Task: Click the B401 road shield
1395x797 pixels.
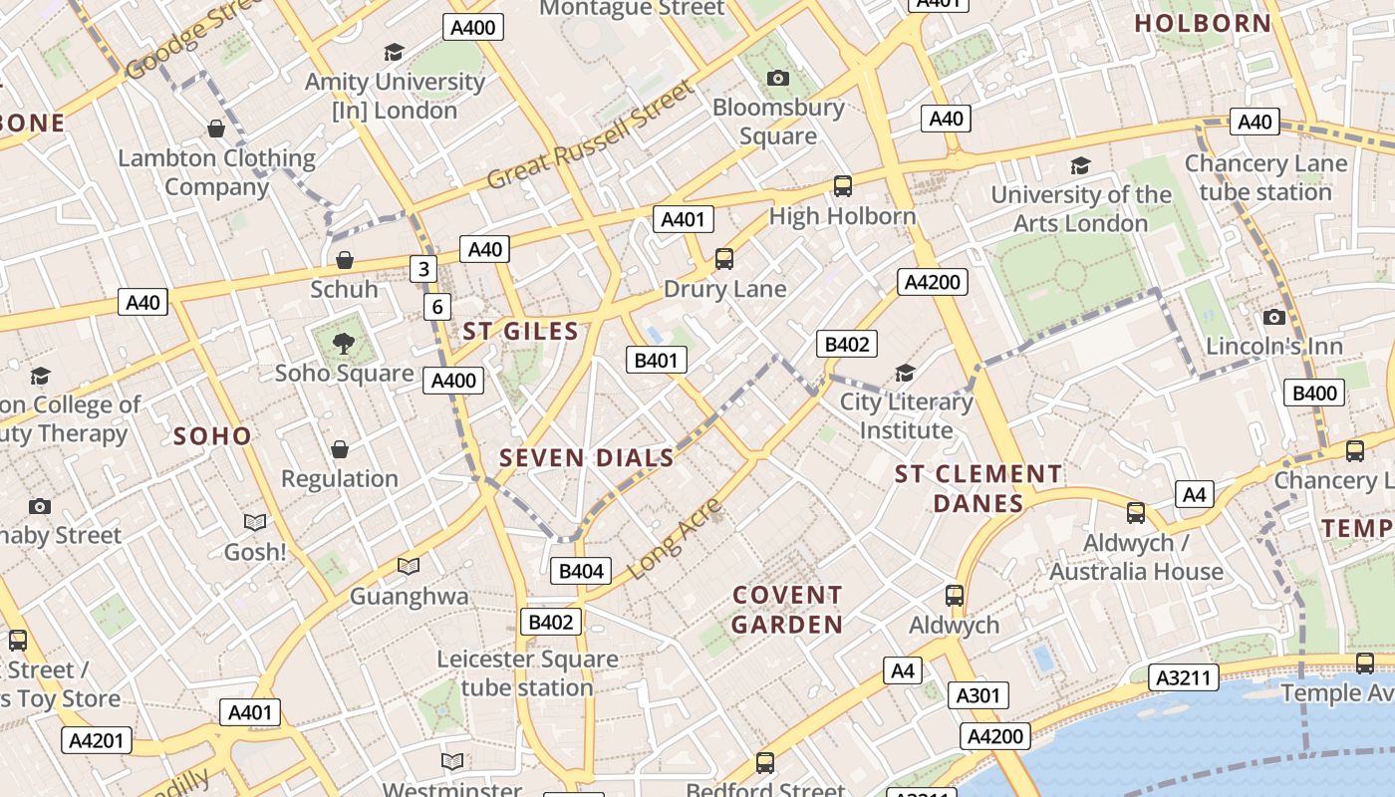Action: click(656, 360)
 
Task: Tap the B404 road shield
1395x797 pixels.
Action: click(581, 571)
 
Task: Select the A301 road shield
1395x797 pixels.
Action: click(977, 695)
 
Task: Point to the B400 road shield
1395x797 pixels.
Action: click(1314, 393)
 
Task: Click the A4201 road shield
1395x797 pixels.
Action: click(97, 740)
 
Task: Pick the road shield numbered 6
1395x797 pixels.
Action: click(436, 307)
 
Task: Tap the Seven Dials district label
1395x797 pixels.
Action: click(587, 458)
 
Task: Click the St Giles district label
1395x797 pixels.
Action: click(520, 332)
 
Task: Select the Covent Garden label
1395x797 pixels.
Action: click(787, 610)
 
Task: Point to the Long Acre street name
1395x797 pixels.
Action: click(677, 540)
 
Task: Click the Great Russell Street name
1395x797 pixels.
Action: click(590, 136)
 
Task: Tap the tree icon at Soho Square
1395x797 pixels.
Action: click(344, 344)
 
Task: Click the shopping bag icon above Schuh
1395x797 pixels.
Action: click(345, 260)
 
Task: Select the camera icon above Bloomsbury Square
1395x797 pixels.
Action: click(778, 78)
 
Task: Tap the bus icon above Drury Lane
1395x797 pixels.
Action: click(724, 259)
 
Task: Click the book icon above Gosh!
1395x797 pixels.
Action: click(255, 522)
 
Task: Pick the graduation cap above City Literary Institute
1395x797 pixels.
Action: click(905, 373)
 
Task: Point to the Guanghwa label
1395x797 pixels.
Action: click(409, 596)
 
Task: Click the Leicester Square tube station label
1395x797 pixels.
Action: click(527, 673)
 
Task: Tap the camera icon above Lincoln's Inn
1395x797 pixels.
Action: click(1273, 317)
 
